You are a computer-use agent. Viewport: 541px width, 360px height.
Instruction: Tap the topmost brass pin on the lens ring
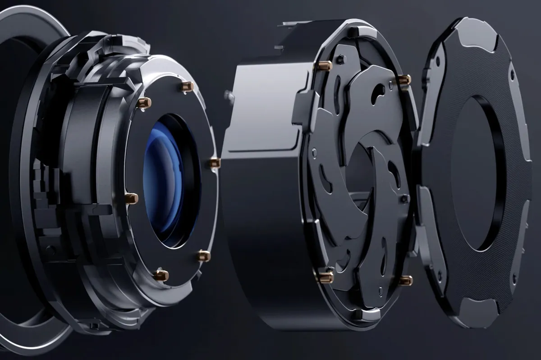(187, 86)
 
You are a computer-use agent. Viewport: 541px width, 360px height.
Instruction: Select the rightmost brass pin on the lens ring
(215, 163)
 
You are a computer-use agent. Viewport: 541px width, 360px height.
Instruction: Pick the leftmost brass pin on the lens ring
(131, 198)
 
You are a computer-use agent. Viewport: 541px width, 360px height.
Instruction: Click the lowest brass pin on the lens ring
(161, 275)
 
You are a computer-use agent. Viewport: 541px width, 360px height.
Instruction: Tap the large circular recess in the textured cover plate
(473, 173)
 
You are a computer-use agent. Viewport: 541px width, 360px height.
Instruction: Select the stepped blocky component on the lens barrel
(43, 189)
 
